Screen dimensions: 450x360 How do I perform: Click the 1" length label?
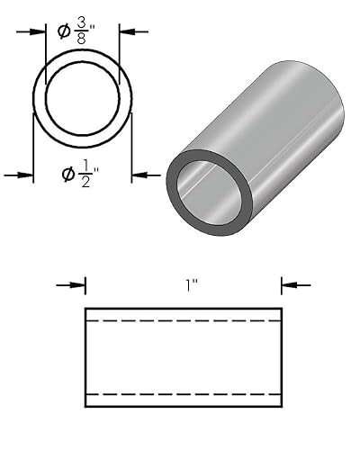pyautogui.click(x=192, y=285)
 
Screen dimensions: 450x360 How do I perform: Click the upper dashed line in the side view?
pyautogui.click(x=184, y=321)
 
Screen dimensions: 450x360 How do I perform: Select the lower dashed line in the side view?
pyautogui.click(x=184, y=394)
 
